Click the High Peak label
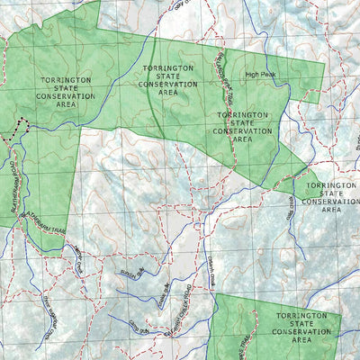(x=260, y=76)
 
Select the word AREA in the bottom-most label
(x=301, y=341)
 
